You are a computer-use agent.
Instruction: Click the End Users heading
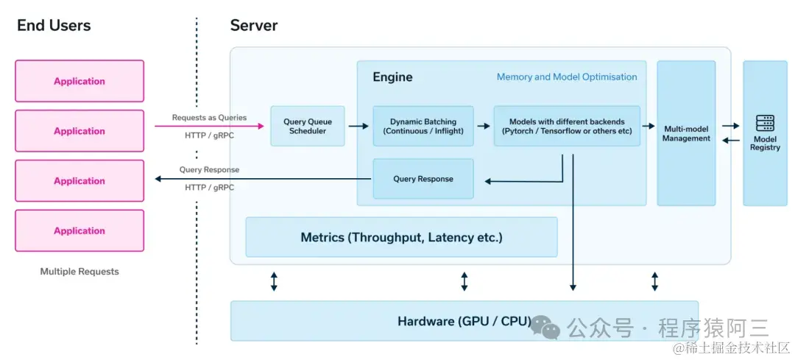[x=54, y=26]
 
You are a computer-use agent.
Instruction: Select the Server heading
[x=254, y=26]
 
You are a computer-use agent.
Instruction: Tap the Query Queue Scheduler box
[x=308, y=127]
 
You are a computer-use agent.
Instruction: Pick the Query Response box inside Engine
[x=423, y=179]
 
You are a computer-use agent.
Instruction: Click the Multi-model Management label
[x=686, y=133]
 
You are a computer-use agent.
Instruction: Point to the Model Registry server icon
[x=765, y=123]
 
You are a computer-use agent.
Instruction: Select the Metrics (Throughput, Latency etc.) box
[x=401, y=237]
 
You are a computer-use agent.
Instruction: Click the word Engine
[x=392, y=77]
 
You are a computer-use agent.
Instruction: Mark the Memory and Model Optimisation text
[x=567, y=77]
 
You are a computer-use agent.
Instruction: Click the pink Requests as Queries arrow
[x=209, y=127]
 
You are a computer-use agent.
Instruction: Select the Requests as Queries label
[x=209, y=118]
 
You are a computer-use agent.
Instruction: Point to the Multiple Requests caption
[x=79, y=272]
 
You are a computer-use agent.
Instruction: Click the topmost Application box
[x=79, y=81]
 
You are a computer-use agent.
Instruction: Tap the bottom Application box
[x=79, y=230]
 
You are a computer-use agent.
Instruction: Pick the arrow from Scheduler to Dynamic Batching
[x=358, y=127]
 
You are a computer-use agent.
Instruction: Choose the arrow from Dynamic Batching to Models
[x=484, y=127]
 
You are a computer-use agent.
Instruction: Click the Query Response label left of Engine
[x=209, y=170]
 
